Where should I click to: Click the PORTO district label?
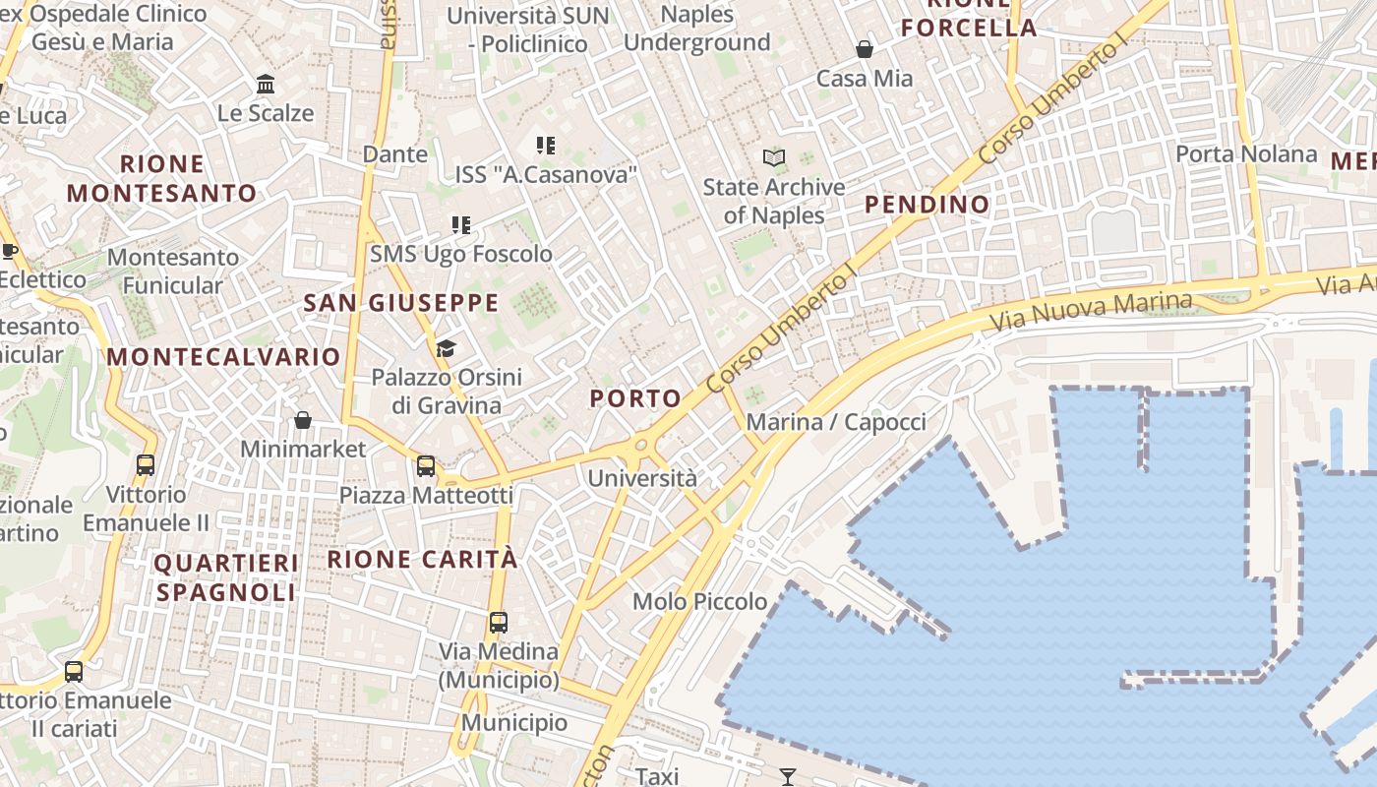point(635,398)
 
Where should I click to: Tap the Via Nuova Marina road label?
point(1091,311)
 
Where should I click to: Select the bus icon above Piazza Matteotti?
point(426,465)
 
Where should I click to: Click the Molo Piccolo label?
point(699,601)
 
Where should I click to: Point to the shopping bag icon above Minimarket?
point(303,420)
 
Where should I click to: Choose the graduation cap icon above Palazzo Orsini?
point(446,348)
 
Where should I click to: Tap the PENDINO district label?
point(927,205)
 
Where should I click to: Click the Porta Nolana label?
point(1246,153)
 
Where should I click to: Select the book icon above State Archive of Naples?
point(774,157)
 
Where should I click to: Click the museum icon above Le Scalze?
point(266,85)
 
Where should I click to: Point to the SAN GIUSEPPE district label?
point(401,303)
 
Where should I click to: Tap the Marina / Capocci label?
point(836,422)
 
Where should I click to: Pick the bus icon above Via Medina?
point(499,622)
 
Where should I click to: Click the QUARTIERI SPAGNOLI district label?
point(226,577)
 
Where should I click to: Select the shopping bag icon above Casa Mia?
point(865,49)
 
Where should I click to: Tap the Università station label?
point(642,478)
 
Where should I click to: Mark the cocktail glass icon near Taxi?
point(787,777)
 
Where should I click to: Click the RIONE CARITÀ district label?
point(422,559)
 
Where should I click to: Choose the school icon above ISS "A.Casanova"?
point(546,146)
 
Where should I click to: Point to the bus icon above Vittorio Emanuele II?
point(146,464)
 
